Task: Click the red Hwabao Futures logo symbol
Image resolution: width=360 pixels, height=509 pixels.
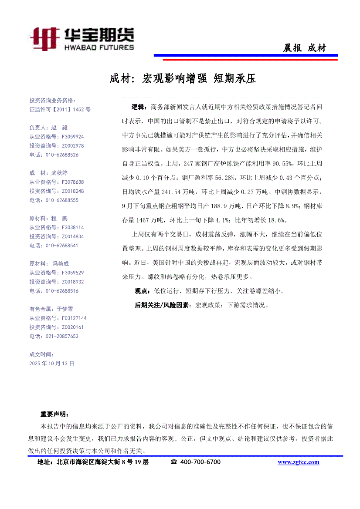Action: [44, 39]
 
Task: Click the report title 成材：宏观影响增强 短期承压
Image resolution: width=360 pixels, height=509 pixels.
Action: [182, 79]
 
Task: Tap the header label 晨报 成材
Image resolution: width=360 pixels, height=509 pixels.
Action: [304, 48]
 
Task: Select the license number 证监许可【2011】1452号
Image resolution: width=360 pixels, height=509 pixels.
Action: [60, 110]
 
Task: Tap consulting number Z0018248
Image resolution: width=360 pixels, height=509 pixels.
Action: [73, 191]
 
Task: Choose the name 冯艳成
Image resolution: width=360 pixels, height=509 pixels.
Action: [61, 263]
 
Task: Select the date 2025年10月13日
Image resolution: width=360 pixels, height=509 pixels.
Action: [52, 363]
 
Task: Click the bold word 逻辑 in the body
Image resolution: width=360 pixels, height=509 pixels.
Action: [138, 107]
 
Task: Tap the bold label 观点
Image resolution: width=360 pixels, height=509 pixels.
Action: [141, 291]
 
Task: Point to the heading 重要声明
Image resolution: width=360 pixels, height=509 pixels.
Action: [54, 414]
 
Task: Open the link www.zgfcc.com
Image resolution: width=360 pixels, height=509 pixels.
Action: [298, 462]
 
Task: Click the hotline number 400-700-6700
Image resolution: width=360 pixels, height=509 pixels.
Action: [200, 462]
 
